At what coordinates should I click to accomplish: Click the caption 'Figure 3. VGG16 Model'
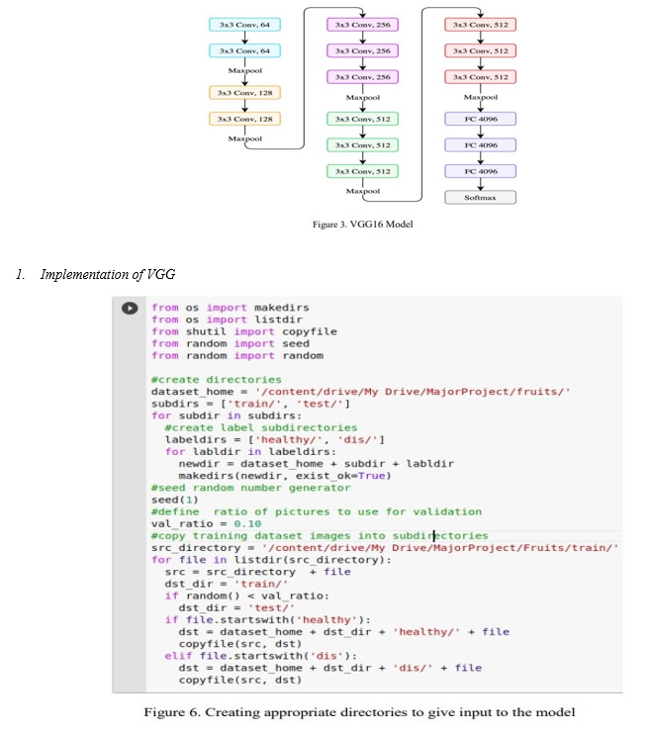pyautogui.click(x=362, y=224)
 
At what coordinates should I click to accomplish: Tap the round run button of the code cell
pyautogui.click(x=130, y=308)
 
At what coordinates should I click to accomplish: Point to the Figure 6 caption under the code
pyautogui.click(x=359, y=712)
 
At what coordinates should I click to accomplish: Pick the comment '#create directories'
pyautogui.click(x=216, y=379)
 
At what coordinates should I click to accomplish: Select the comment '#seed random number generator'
pyautogui.click(x=250, y=487)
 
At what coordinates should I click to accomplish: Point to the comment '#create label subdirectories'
pyautogui.click(x=247, y=427)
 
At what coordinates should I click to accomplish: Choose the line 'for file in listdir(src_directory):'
pyautogui.click(x=271, y=559)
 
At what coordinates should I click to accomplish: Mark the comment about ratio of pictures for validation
pyautogui.click(x=317, y=511)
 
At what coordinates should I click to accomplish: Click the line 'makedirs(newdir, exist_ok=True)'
pyautogui.click(x=284, y=475)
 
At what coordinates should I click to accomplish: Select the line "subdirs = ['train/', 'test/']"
pyautogui.click(x=250, y=404)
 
